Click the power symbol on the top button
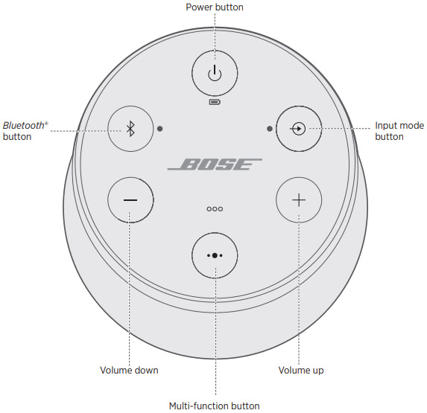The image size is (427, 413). tap(215, 73)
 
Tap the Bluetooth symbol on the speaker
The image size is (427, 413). tap(130, 129)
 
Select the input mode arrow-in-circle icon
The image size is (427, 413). tap(297, 129)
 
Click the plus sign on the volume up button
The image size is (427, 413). tap(299, 200)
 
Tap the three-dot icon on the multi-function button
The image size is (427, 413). tap(215, 255)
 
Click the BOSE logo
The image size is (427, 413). tap(215, 164)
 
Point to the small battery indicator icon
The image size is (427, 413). tap(215, 102)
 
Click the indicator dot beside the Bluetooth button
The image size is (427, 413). tap(160, 129)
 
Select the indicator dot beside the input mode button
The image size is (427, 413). tap(270, 129)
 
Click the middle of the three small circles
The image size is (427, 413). tap(215, 209)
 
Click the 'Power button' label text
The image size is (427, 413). tap(215, 7)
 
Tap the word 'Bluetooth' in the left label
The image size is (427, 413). tap(23, 125)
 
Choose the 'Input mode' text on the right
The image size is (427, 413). tap(399, 125)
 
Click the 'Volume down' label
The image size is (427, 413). tap(129, 370)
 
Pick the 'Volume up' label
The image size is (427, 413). tap(301, 371)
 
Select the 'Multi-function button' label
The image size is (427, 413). tap(215, 406)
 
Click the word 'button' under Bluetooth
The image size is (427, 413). tap(17, 136)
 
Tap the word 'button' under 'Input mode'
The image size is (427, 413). tap(389, 136)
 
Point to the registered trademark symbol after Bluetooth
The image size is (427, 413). tap(46, 124)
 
